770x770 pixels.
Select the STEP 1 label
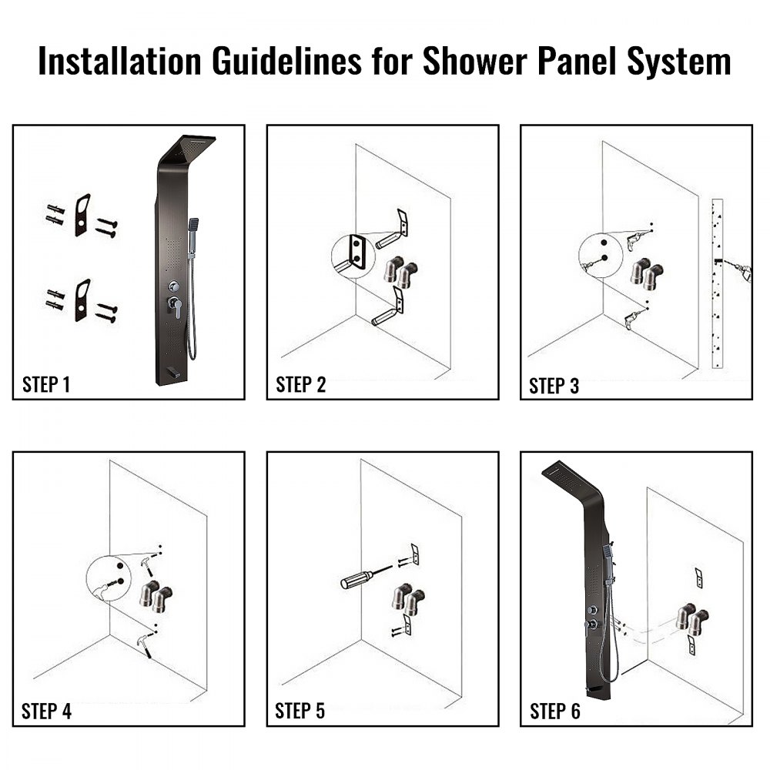[46, 385]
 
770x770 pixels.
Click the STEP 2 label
[300, 385]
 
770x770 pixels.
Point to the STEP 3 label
[554, 385]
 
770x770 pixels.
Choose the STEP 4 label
[46, 711]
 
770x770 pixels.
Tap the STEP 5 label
[300, 711]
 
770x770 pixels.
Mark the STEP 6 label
[554, 711]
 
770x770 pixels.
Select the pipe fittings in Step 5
[407, 599]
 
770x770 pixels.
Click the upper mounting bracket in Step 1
[82, 215]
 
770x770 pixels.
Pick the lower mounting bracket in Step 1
[82, 300]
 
